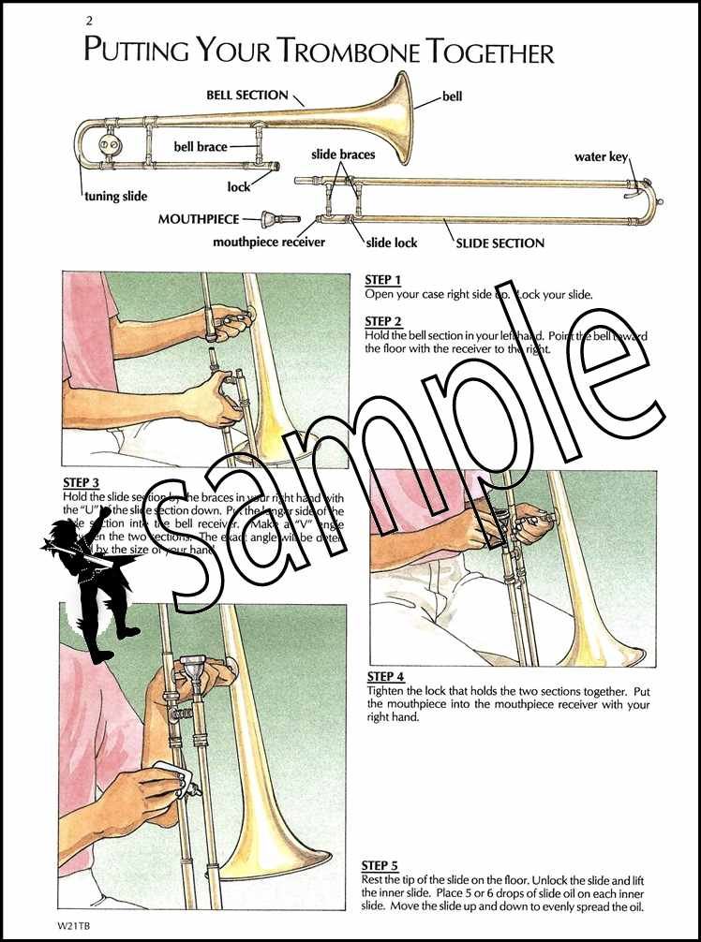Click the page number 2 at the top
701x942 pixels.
(x=89, y=21)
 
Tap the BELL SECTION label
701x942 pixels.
(x=247, y=96)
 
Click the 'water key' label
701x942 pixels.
(x=601, y=157)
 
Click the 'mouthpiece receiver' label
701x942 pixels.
(x=269, y=243)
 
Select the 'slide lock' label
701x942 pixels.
(x=392, y=243)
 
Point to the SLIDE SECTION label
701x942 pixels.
(x=500, y=243)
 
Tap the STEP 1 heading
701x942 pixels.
(x=382, y=280)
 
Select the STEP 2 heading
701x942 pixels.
(x=382, y=321)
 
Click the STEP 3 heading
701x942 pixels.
(x=82, y=483)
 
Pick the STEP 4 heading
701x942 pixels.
(x=385, y=677)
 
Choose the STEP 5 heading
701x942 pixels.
(x=380, y=866)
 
